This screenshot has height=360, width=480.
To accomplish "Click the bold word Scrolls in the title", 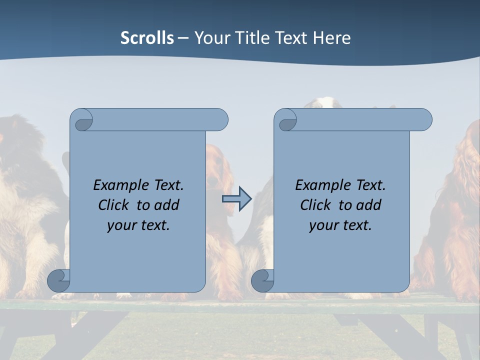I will [147, 37].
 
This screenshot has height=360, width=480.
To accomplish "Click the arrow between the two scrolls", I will [236, 199].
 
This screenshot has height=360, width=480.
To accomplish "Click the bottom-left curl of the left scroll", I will [58, 280].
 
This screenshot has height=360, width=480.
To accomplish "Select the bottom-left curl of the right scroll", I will [262, 280].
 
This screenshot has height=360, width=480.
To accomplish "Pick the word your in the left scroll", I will [121, 225].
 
